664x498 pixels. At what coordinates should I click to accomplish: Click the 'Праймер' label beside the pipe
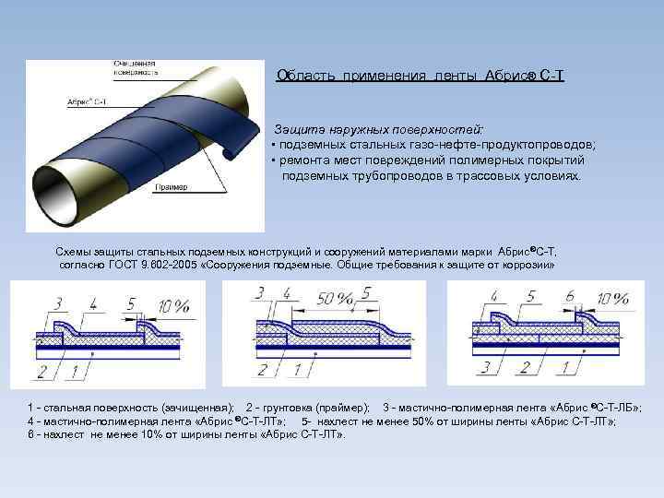pyautogui.click(x=172, y=187)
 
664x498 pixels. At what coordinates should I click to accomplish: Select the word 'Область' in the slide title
pyautogui.click(x=307, y=77)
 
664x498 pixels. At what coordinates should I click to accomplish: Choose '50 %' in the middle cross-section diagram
pyautogui.click(x=333, y=299)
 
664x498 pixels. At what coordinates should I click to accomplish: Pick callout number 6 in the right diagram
pyautogui.click(x=570, y=296)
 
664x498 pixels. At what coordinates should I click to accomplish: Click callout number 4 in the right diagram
pyautogui.click(x=494, y=297)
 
